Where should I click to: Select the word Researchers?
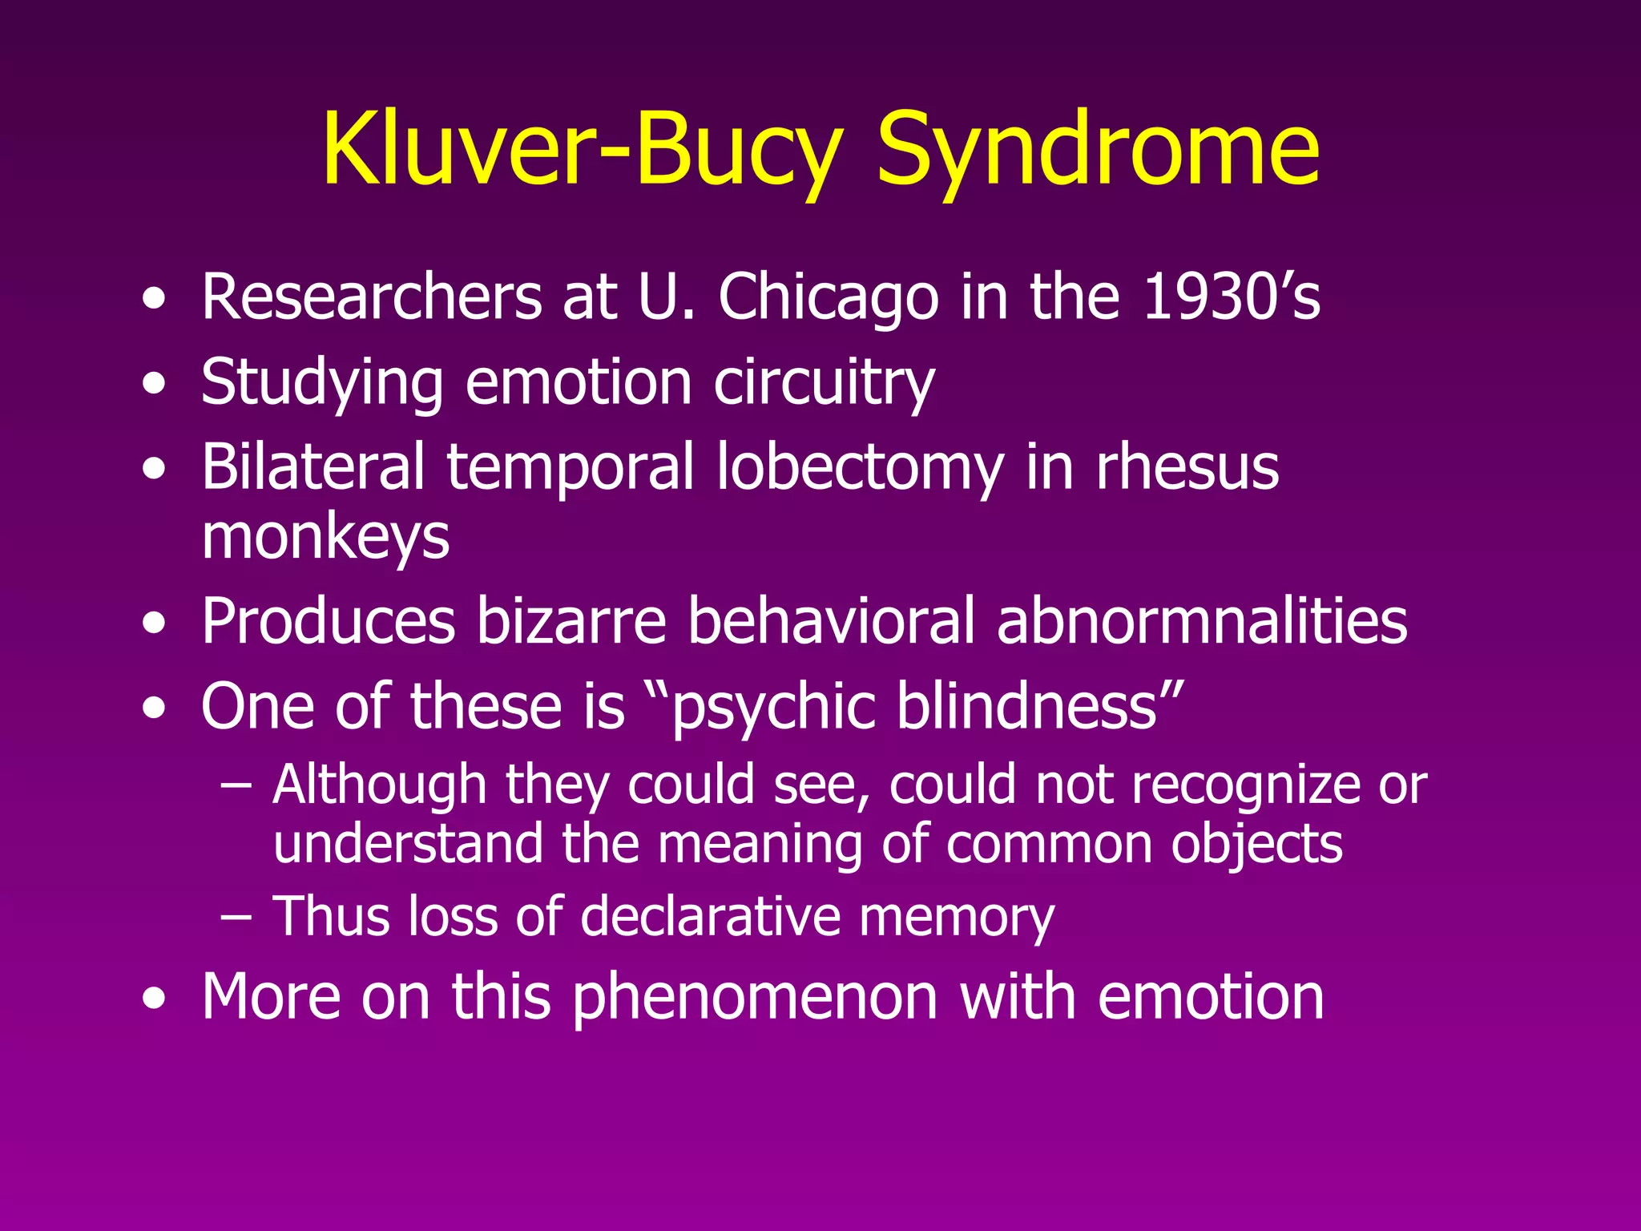point(371,297)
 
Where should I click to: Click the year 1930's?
point(1231,297)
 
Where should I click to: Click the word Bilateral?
point(312,466)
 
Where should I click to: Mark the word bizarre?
point(571,621)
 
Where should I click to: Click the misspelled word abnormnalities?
point(1202,621)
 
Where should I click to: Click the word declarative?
point(710,917)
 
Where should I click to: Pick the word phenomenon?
point(755,998)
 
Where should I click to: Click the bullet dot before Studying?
point(154,384)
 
